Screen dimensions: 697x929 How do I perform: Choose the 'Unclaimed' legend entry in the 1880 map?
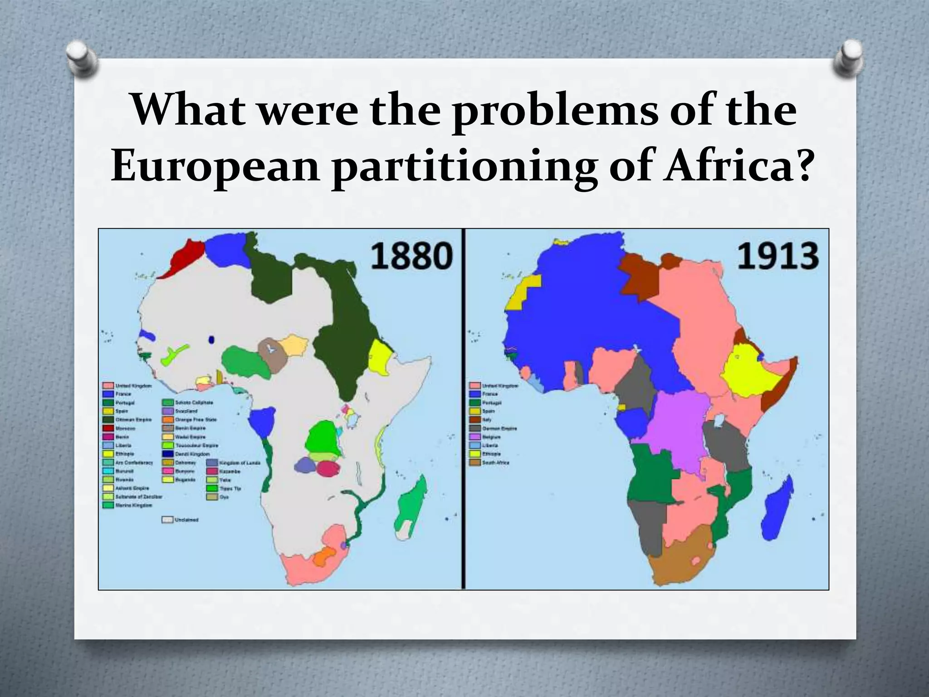(x=186, y=520)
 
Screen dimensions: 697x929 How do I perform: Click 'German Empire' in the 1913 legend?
(x=499, y=428)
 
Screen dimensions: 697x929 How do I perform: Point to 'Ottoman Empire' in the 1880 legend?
(x=133, y=419)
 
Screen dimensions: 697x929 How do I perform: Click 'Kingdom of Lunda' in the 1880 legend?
(x=240, y=462)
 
